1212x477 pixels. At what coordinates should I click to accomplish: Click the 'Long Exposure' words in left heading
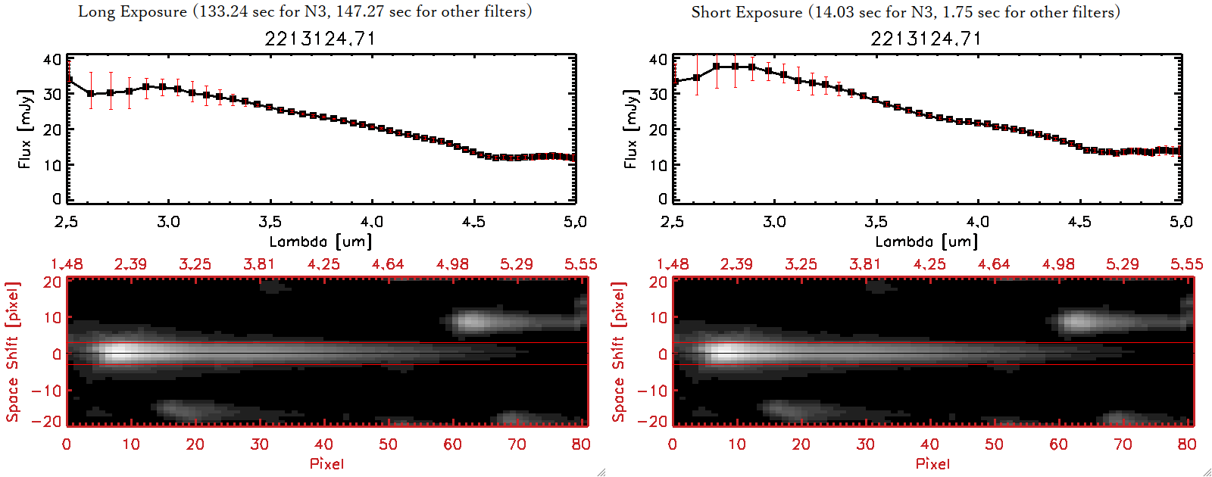(x=133, y=11)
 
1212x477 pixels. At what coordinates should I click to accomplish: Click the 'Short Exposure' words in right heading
(x=746, y=12)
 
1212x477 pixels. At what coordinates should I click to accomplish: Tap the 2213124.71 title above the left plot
(x=320, y=39)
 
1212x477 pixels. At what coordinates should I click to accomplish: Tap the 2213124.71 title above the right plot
(x=926, y=39)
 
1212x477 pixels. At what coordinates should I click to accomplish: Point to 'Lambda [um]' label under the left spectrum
(x=320, y=242)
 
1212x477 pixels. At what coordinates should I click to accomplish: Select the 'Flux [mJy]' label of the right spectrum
(x=631, y=129)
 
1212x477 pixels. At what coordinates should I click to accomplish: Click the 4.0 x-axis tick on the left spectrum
(x=371, y=222)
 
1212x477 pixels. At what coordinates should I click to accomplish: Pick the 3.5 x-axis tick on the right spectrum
(x=876, y=222)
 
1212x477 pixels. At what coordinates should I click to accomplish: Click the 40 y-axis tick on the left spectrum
(x=52, y=59)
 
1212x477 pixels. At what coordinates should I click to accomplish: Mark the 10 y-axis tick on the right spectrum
(x=658, y=164)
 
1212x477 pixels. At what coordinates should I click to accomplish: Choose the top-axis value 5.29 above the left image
(x=517, y=264)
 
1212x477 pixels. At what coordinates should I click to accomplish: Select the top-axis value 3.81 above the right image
(x=865, y=264)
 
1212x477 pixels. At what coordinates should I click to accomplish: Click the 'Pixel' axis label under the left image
(x=326, y=463)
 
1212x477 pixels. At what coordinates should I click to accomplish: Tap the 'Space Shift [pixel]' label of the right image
(x=619, y=352)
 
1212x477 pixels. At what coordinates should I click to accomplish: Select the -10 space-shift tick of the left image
(x=47, y=391)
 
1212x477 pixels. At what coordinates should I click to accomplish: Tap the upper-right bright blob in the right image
(x=1079, y=322)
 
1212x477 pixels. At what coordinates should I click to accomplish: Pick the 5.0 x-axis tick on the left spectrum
(x=575, y=222)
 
